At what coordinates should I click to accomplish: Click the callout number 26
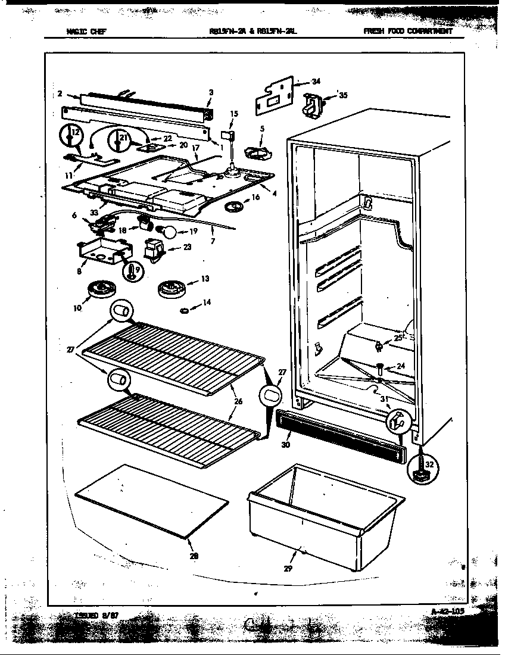pyautogui.click(x=238, y=402)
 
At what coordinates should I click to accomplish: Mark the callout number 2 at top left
pyautogui.click(x=60, y=93)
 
